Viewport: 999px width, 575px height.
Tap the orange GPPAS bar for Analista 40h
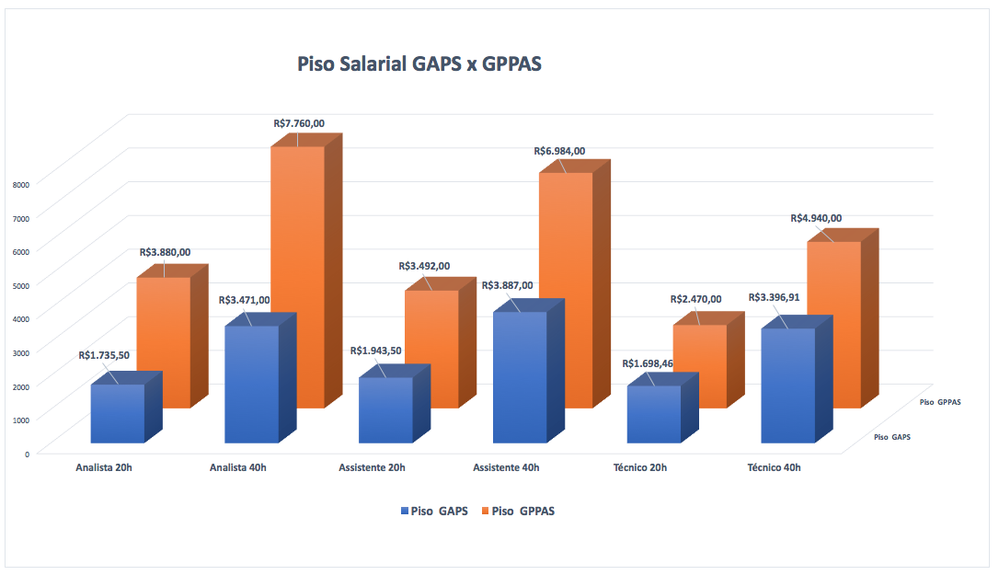click(x=297, y=276)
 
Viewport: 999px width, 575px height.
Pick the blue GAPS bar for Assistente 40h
click(x=520, y=377)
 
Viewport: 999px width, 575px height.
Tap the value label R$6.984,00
click(x=559, y=151)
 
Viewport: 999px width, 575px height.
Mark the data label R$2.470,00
click(x=695, y=299)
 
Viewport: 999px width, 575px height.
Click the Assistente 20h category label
click(x=372, y=468)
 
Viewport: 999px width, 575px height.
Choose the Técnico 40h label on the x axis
click(x=774, y=468)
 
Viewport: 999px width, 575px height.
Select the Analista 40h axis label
click(x=238, y=468)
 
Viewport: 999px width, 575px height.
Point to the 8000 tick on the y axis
click(x=22, y=184)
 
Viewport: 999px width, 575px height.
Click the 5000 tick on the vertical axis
click(x=22, y=285)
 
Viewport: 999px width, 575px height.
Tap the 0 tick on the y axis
click(x=27, y=453)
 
